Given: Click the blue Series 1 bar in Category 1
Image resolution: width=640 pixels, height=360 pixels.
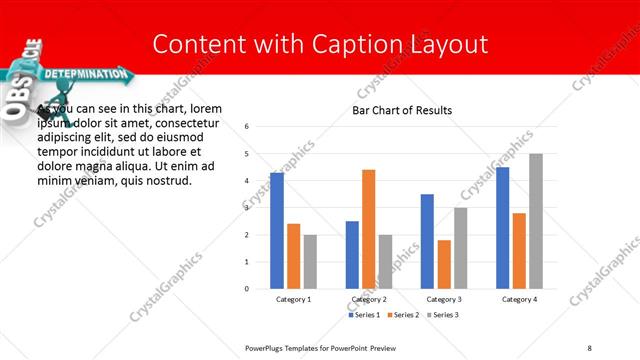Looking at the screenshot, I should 277,231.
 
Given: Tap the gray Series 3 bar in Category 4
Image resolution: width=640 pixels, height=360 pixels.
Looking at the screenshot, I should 535,221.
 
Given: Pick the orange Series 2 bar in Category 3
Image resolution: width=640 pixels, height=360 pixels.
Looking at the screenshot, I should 443,264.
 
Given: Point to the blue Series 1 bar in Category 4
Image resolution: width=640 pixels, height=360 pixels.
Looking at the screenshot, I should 502,228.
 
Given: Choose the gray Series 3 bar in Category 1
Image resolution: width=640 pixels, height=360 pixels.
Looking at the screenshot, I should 310,262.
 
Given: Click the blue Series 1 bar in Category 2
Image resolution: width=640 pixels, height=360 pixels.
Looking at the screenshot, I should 352,255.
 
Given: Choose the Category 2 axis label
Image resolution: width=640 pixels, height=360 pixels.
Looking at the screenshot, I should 369,299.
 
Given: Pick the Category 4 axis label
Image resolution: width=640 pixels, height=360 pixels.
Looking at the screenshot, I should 519,299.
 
